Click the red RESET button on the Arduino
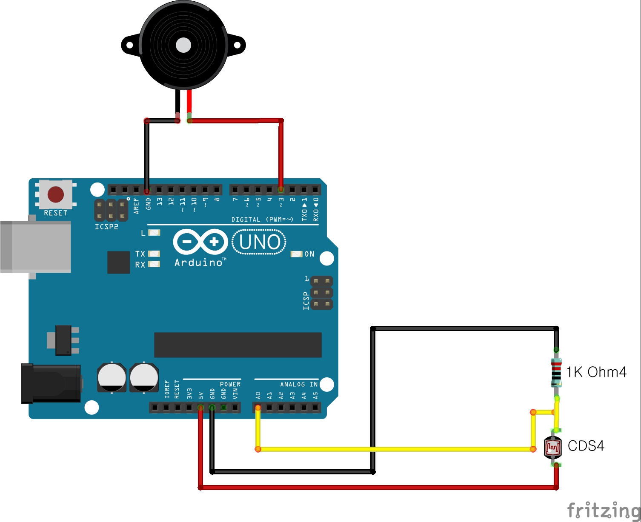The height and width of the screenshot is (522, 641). point(56,194)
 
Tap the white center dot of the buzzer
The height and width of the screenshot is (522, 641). point(183,45)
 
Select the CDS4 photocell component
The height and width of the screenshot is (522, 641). point(553,447)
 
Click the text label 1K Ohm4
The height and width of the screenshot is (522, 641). point(596,372)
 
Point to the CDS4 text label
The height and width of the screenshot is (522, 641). point(586,446)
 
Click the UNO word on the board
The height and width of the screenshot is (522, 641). point(259,242)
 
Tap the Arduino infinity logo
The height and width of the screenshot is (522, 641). point(200,242)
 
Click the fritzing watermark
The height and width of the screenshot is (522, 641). point(604,510)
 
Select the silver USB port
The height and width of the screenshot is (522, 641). point(36,247)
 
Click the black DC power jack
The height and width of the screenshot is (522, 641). point(51,383)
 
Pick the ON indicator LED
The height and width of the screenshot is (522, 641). point(296,254)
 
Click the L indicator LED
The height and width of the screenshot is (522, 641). point(154,233)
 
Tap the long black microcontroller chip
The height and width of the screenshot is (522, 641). point(238,345)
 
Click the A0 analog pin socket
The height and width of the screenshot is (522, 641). point(258,408)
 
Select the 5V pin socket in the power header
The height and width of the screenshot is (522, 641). point(200,408)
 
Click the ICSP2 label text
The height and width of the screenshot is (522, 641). point(106,227)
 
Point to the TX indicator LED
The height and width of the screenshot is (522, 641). point(154,254)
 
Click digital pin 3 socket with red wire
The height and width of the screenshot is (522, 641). point(281,189)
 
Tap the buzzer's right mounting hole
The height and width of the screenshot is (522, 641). point(237,45)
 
